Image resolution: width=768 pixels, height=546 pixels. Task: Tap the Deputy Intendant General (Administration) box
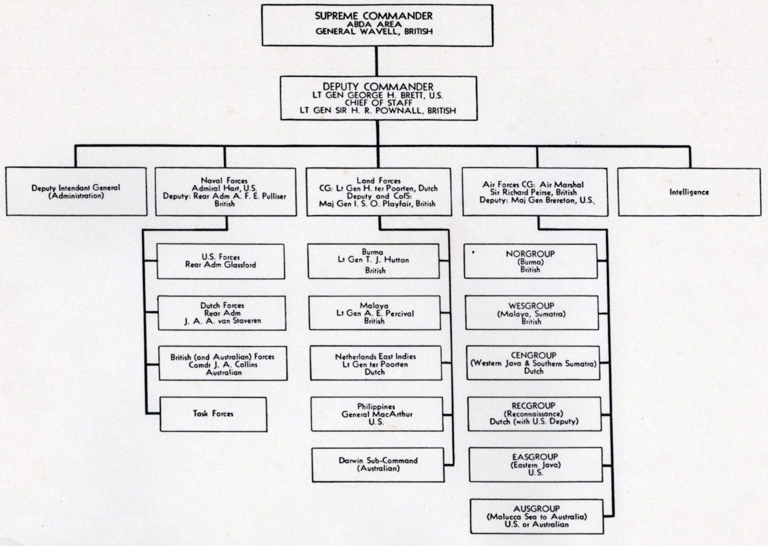pos(76,192)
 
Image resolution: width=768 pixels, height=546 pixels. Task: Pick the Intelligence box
pos(689,192)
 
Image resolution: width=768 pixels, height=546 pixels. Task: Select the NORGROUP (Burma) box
pos(530,261)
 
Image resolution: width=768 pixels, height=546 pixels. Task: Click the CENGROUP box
pos(533,362)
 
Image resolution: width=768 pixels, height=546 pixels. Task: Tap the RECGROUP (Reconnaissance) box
pos(535,414)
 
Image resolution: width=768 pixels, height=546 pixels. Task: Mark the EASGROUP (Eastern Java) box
pos(535,465)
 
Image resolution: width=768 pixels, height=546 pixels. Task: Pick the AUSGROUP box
pos(536,516)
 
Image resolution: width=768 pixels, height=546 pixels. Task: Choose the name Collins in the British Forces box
pos(238,364)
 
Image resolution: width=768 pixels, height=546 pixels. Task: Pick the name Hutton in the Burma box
pos(398,260)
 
